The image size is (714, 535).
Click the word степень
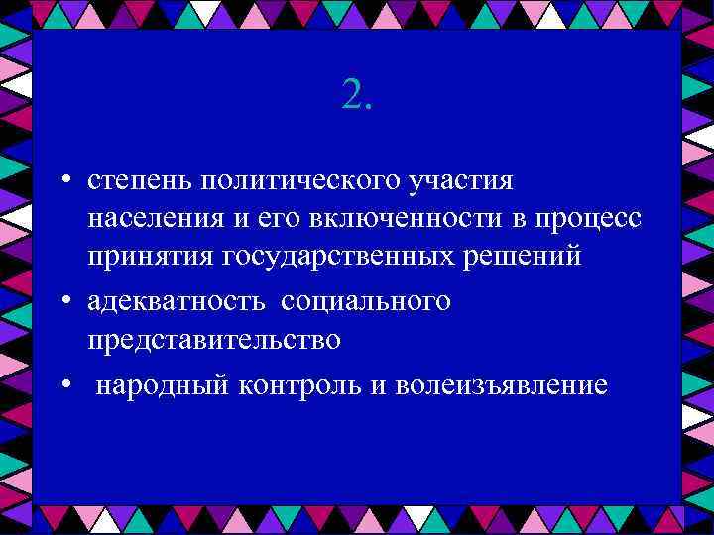138,182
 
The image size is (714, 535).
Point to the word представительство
214,339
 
